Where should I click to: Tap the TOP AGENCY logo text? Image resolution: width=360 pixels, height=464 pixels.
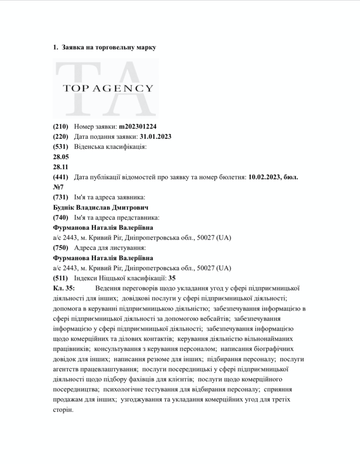pos(108,88)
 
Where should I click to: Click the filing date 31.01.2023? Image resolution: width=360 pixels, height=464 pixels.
pos(156,137)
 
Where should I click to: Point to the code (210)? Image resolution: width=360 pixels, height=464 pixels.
pos(60,127)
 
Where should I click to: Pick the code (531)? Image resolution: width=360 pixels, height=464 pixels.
pos(60,147)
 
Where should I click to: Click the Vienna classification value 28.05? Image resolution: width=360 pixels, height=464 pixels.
pos(61,157)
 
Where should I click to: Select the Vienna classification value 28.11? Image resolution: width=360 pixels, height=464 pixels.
pos(61,167)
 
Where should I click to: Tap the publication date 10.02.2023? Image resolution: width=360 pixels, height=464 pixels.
pos(266,177)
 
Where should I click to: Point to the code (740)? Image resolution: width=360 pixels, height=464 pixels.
pos(60,218)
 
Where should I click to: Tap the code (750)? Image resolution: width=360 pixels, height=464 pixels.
pos(60,248)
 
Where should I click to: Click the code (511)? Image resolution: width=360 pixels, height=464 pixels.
pos(60,278)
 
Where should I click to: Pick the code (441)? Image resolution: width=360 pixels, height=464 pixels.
pos(60,177)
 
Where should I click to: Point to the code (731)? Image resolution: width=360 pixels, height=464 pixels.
pos(60,198)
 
